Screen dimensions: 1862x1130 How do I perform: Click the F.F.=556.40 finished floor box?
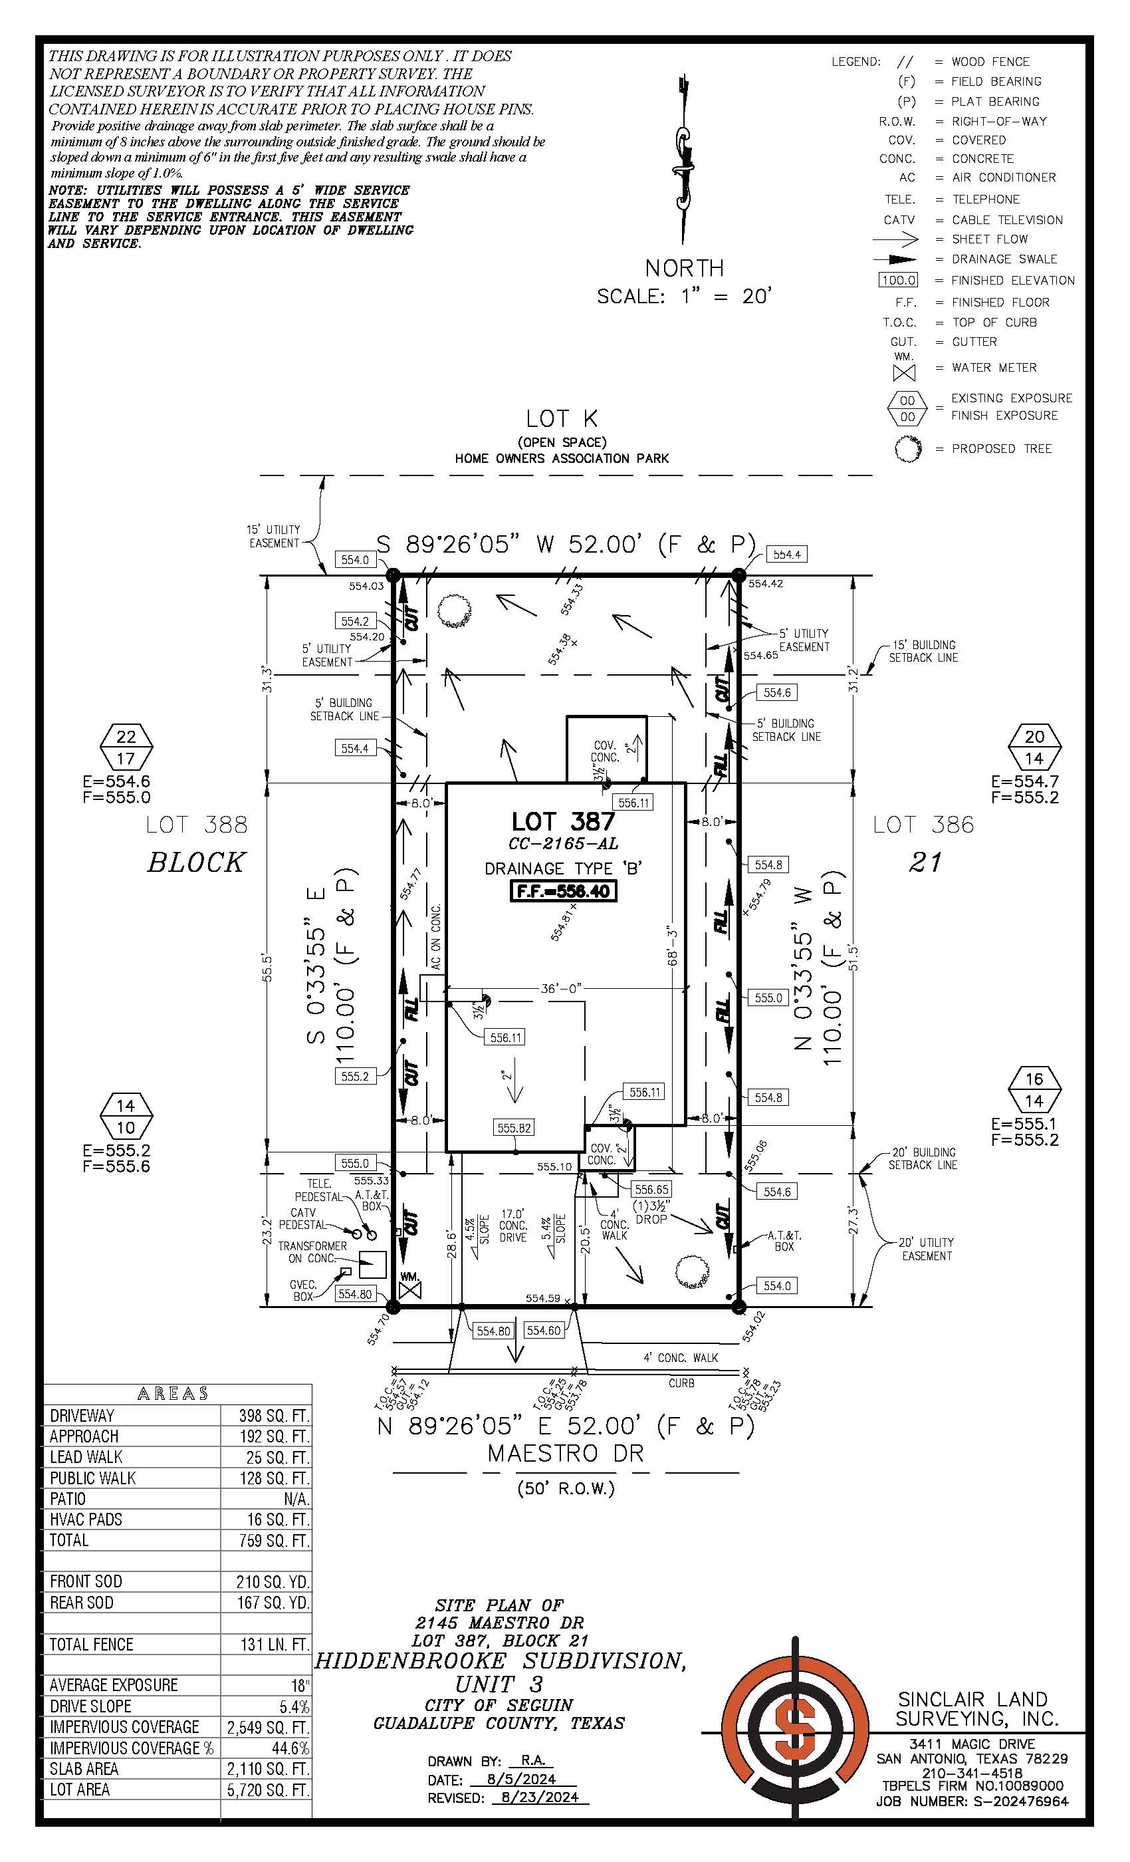pos(564,891)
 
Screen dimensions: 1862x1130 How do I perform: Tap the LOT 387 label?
pos(564,821)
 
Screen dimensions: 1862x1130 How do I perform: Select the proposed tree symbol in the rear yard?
pos(453,610)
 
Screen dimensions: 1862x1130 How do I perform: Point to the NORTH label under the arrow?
pos(685,267)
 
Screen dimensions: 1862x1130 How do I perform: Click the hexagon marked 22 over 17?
pos(126,747)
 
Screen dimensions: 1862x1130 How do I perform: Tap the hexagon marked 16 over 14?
pos(1034,1089)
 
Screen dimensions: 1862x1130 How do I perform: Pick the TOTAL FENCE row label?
pos(92,1644)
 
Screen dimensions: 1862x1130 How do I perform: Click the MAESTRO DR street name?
pos(565,1453)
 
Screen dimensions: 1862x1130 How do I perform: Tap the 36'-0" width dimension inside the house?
pos(560,988)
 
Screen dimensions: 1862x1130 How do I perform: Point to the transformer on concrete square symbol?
pos(372,1264)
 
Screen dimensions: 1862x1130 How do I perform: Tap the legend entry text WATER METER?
pos(994,367)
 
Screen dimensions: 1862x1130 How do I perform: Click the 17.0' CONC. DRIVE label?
pos(513,1226)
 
